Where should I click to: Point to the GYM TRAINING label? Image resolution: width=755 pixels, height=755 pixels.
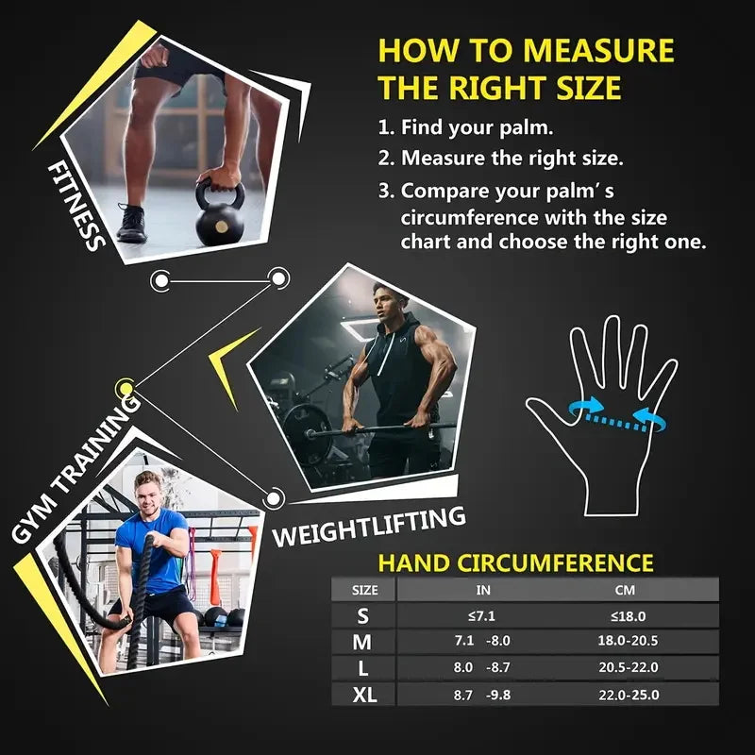pyautogui.click(x=75, y=466)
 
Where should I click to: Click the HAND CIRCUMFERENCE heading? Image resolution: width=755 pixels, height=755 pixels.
pyautogui.click(x=515, y=563)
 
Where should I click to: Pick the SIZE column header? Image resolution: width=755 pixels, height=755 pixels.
pyautogui.click(x=364, y=590)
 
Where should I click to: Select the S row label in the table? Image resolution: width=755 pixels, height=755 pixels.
pyautogui.click(x=364, y=616)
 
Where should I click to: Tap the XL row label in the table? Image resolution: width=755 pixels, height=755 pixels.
pyautogui.click(x=364, y=696)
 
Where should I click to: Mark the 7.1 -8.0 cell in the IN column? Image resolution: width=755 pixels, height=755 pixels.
pyautogui.click(x=482, y=642)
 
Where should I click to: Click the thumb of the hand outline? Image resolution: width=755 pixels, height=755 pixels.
pyautogui.click(x=541, y=415)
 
